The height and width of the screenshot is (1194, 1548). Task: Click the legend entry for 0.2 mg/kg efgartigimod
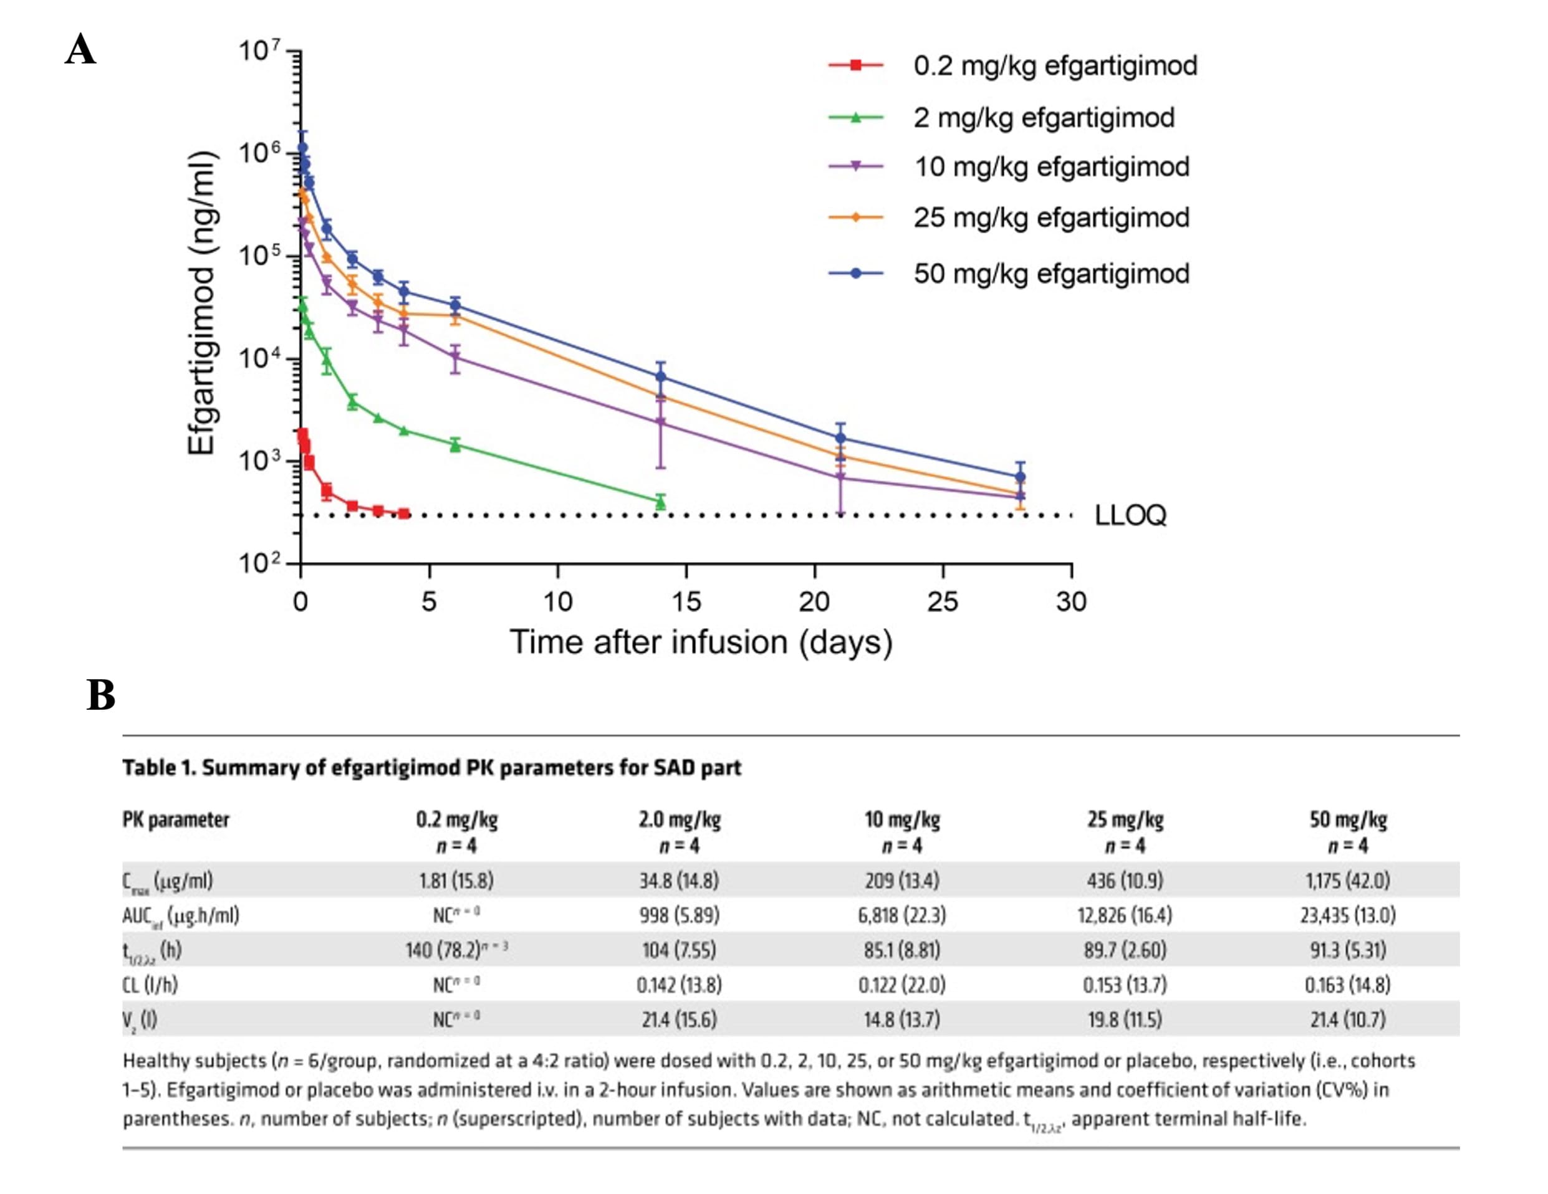coord(1055,65)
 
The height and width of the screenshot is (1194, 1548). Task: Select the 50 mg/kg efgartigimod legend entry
coord(1050,274)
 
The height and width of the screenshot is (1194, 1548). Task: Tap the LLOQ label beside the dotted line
coord(1130,515)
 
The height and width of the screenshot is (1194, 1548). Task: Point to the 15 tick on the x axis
coord(686,601)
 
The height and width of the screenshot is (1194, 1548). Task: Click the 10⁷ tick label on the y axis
coord(259,51)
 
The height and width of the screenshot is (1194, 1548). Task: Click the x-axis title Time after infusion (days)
coord(700,642)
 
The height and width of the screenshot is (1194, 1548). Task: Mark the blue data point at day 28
coord(1020,477)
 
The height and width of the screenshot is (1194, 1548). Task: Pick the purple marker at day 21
coord(840,477)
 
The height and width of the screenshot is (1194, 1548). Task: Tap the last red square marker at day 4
coord(404,513)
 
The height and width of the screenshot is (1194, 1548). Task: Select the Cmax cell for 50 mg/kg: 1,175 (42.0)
coord(1347,881)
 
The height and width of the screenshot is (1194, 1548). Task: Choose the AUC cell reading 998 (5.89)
coord(679,915)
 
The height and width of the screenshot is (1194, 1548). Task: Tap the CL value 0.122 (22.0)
coord(901,985)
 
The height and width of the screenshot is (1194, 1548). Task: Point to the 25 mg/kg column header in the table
coord(1125,820)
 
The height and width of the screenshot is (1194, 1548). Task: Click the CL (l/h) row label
coord(150,985)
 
